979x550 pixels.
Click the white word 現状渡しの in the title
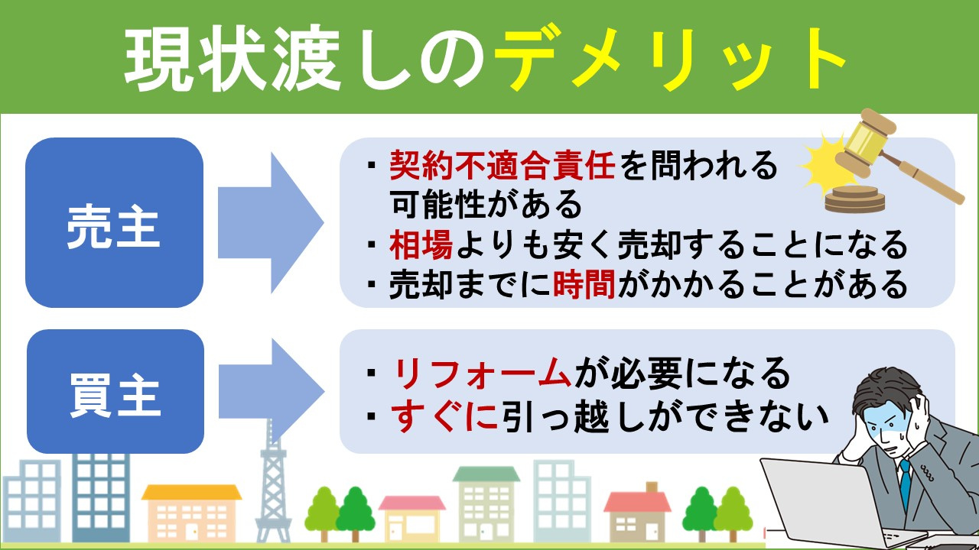[306, 60]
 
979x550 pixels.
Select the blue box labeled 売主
[114, 223]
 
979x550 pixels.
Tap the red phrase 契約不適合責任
[503, 165]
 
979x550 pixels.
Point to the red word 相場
[417, 245]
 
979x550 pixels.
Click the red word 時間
[583, 285]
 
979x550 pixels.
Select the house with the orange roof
[191, 512]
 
